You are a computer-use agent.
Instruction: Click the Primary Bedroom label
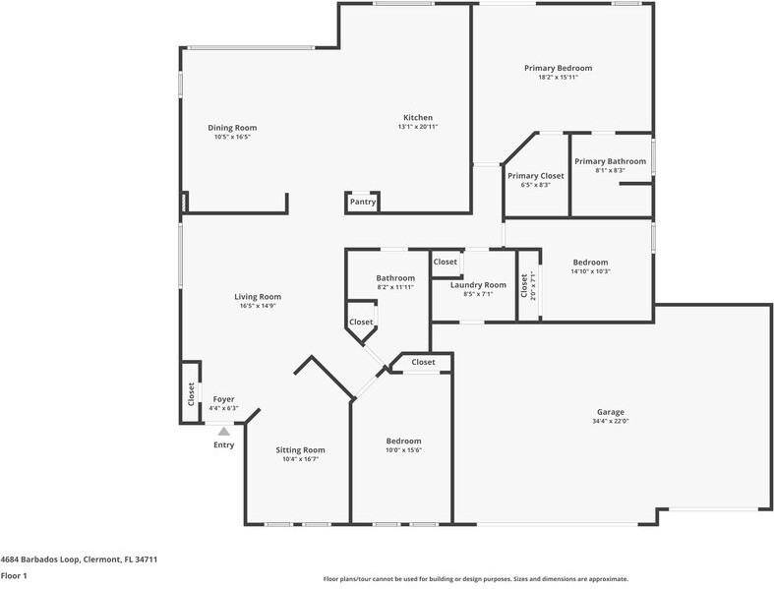[558, 68]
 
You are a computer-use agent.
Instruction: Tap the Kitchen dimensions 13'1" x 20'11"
[418, 127]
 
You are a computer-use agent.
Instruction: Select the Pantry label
[363, 202]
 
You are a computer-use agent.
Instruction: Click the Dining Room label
[232, 128]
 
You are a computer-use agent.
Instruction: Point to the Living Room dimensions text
[258, 306]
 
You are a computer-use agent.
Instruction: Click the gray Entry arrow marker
[224, 431]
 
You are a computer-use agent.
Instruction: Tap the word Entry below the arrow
[224, 445]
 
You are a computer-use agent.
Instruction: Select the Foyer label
[223, 399]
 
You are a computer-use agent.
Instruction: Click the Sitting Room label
[300, 449]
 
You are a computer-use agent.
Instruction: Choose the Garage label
[611, 412]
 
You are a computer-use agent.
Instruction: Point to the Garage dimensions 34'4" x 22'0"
[611, 422]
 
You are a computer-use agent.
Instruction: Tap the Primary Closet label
[536, 175]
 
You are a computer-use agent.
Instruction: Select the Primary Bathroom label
[610, 161]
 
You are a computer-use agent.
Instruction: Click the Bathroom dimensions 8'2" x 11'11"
[395, 287]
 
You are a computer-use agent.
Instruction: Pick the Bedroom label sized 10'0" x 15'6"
[403, 441]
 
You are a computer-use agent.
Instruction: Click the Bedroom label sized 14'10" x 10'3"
[590, 262]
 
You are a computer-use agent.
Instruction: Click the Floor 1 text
[14, 575]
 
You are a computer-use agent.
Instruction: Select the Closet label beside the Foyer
[191, 393]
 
